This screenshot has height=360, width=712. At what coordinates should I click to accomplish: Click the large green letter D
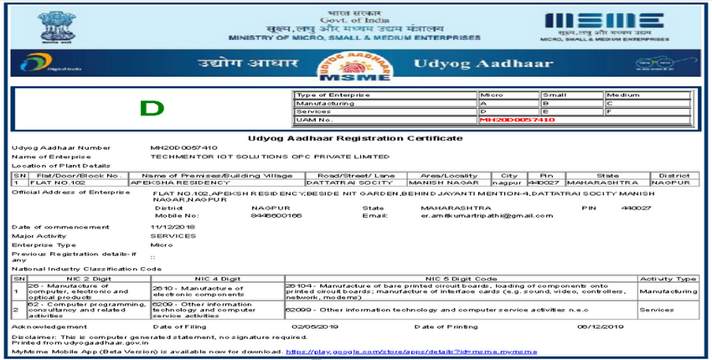[x=152, y=107]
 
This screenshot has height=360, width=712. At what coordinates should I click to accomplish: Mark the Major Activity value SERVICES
[x=168, y=235]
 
